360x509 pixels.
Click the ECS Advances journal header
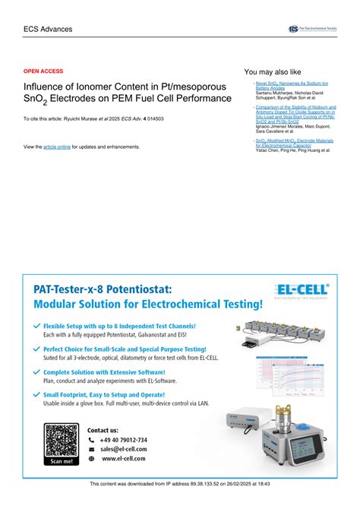[48, 28]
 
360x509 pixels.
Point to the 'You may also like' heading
[273, 71]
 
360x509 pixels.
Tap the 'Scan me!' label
[62, 461]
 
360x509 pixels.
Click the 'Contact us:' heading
[103, 429]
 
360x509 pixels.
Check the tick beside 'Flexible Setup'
[37, 325]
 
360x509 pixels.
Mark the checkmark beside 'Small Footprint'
[37, 394]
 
